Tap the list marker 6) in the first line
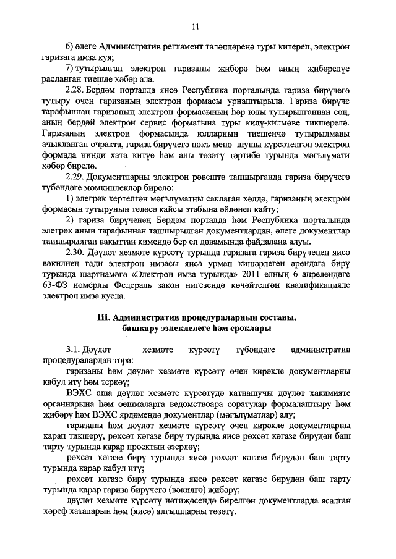[70, 47]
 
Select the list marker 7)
[70, 67]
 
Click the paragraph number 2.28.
[75, 90]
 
